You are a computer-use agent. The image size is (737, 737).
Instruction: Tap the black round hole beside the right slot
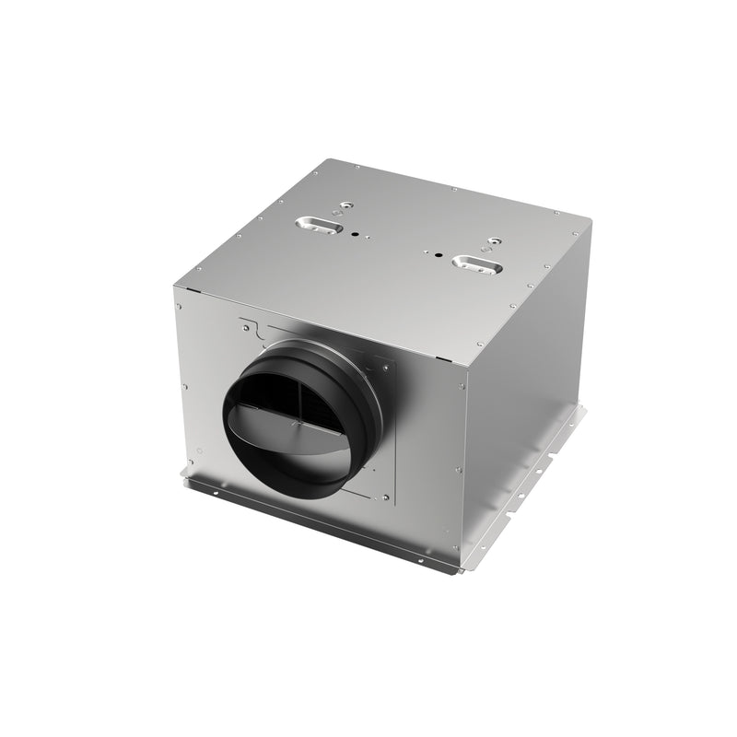(x=438, y=252)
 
